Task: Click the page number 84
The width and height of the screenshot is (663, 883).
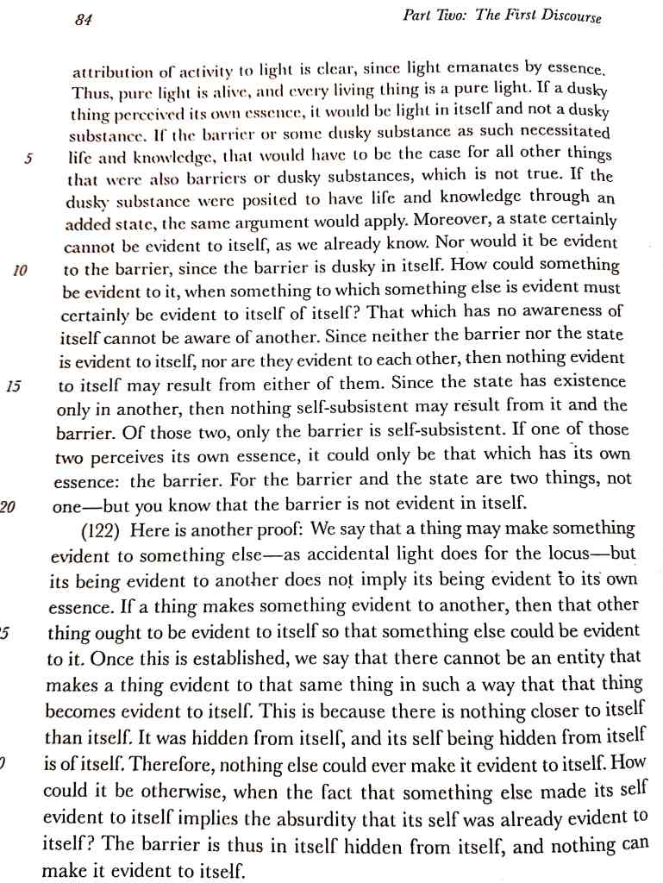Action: coord(84,19)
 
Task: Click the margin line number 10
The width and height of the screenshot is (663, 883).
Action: coord(22,270)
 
